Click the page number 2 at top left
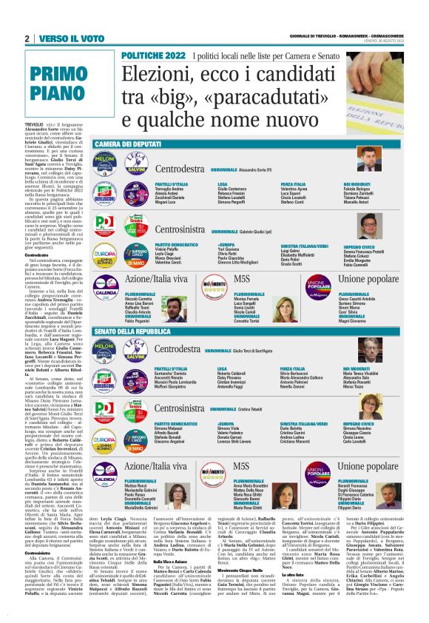click(27, 38)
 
